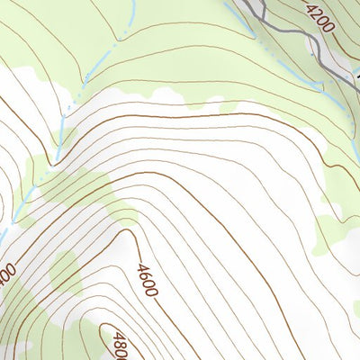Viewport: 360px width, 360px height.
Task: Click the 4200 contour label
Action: click(319, 17)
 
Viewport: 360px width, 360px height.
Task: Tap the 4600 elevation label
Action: click(148, 280)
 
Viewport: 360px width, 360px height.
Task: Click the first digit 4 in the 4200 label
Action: click(311, 9)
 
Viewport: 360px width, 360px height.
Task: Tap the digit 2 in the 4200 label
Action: click(317, 14)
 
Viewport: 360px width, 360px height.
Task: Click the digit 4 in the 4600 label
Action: click(142, 268)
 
